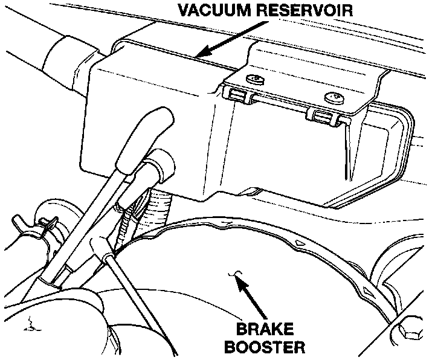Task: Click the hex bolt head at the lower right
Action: [x=408, y=334]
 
